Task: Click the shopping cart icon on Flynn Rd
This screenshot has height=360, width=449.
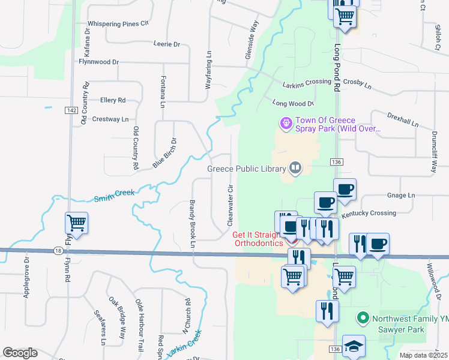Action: point(77,223)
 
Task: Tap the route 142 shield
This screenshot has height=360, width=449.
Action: point(71,110)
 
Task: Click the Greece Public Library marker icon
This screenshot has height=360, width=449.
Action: point(295,169)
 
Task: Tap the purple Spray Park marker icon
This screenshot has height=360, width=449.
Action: point(286,124)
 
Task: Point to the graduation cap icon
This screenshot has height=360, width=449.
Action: point(354,346)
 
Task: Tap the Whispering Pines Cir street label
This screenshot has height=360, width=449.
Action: point(118,24)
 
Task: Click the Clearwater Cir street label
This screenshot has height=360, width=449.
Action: point(230,205)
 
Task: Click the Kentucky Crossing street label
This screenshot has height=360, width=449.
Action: point(369,214)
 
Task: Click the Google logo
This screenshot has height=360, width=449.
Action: point(20,352)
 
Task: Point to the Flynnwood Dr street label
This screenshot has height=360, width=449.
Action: point(99,62)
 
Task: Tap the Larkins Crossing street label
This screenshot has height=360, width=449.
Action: point(307,82)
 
